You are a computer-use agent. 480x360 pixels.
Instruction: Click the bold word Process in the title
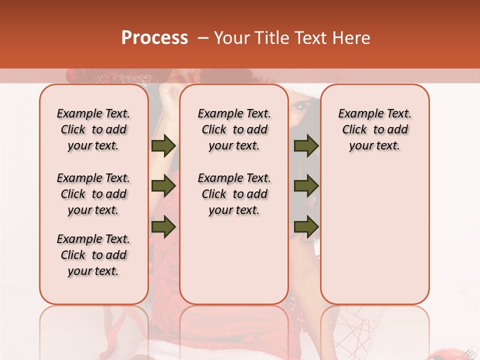[x=154, y=38]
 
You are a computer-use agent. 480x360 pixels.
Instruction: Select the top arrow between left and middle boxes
[x=163, y=146]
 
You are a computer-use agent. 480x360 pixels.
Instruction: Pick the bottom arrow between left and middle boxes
[x=163, y=226]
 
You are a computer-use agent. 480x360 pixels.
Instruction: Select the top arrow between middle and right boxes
[x=306, y=146]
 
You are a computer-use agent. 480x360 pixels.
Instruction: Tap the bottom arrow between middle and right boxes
[x=306, y=226]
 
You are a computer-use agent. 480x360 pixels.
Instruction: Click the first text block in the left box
[x=93, y=129]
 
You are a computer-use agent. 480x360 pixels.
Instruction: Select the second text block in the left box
[x=93, y=194]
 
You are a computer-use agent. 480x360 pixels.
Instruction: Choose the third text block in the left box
[x=93, y=255]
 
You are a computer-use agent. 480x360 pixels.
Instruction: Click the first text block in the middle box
[x=234, y=129]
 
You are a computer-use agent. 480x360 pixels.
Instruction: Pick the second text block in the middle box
[x=234, y=194]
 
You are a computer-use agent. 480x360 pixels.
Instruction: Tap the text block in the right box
[x=374, y=129]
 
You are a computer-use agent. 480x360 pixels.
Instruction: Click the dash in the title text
[x=203, y=38]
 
